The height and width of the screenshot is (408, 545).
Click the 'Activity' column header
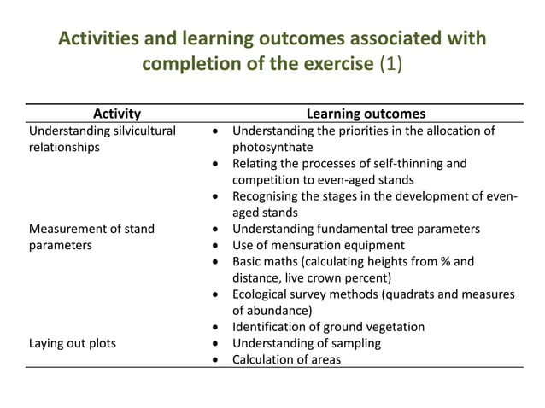point(116,114)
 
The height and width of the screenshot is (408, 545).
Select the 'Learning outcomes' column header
point(366,114)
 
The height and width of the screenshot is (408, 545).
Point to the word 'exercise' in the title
point(332,66)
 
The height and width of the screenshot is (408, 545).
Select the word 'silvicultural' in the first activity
point(138,131)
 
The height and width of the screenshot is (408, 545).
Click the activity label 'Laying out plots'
point(73,343)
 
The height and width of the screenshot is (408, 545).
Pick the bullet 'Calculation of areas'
point(286,359)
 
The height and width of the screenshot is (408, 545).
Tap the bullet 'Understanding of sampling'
point(307,343)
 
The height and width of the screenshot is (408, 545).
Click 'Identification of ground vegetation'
point(328,327)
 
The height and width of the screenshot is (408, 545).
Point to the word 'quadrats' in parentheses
point(404,294)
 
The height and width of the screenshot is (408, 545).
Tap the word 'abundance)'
point(279,311)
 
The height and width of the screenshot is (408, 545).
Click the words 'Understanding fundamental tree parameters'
point(356,229)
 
